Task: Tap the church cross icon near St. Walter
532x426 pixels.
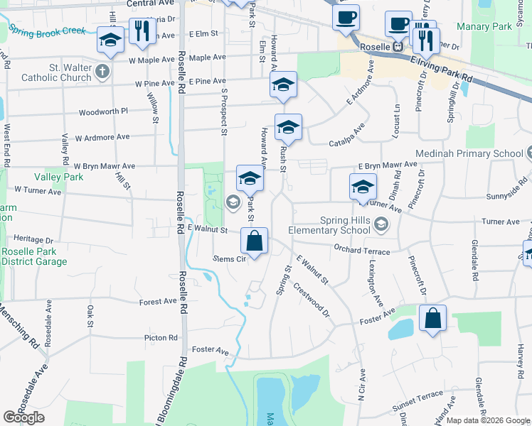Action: click(102, 71)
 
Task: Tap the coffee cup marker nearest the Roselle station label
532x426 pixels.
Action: click(398, 23)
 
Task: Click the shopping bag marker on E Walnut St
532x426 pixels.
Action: click(254, 241)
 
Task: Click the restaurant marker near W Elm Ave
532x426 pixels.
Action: click(142, 30)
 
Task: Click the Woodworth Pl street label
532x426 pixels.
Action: click(103, 111)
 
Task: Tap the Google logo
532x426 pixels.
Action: click(24, 417)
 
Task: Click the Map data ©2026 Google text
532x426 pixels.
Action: click(488, 420)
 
